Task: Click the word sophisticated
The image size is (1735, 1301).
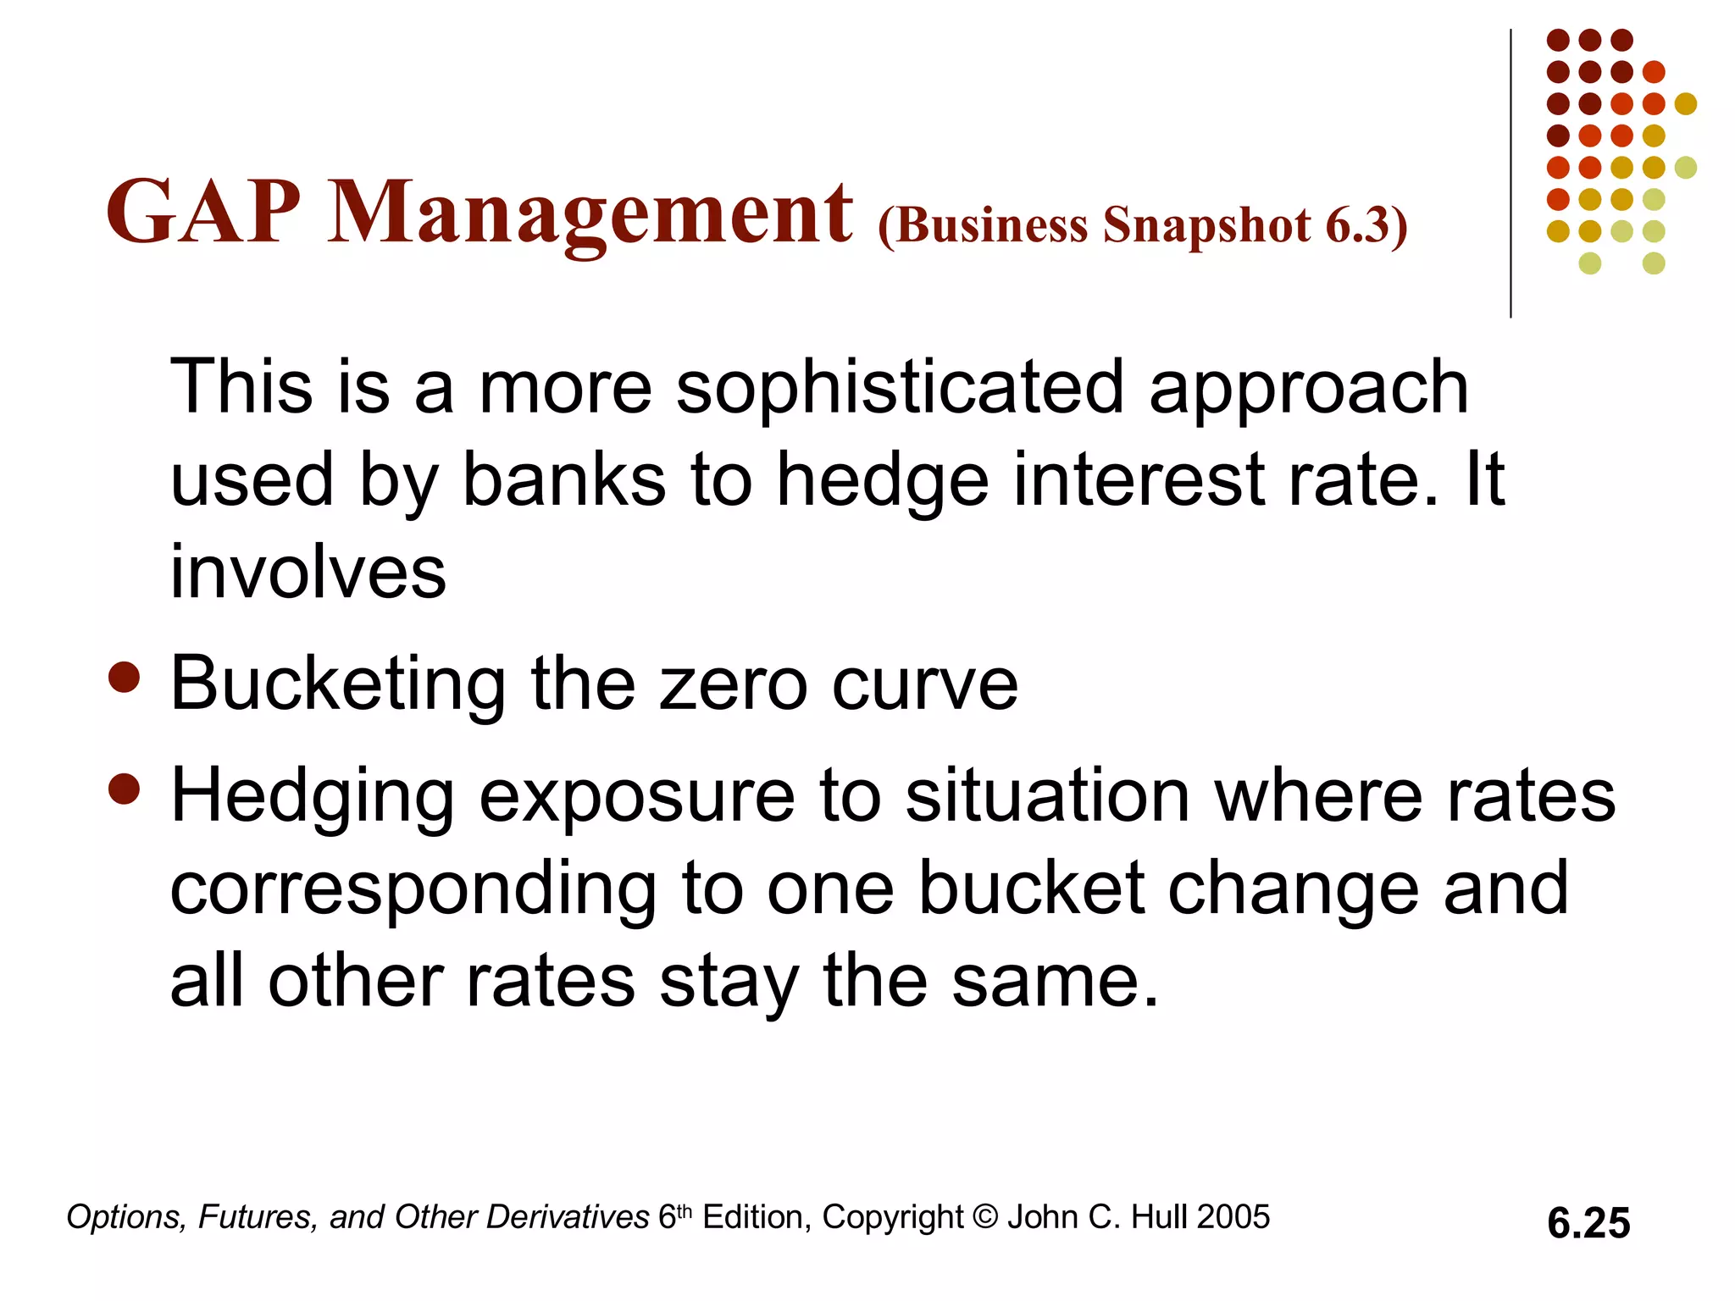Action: [x=900, y=388]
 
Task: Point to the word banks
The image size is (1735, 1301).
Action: [x=564, y=480]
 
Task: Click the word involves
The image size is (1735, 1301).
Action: [x=308, y=573]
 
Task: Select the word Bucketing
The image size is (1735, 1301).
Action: [x=338, y=684]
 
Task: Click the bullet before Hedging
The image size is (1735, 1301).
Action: [x=125, y=789]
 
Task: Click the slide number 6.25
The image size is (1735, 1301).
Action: [x=1588, y=1223]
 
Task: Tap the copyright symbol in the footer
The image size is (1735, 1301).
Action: [x=985, y=1217]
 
